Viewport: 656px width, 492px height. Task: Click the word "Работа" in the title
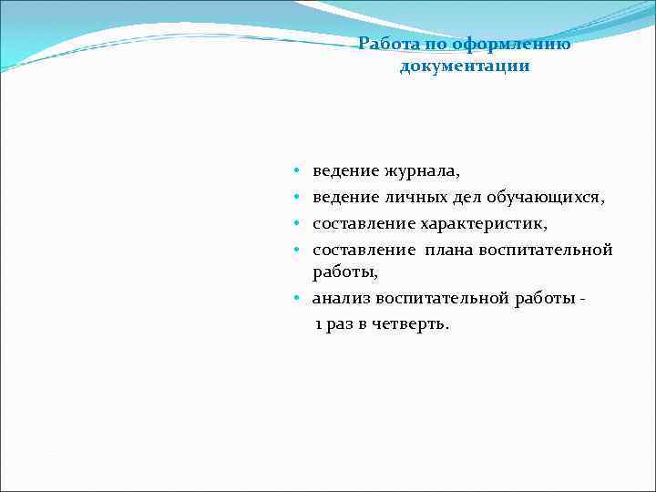click(x=384, y=44)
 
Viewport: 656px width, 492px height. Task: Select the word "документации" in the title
click(x=465, y=67)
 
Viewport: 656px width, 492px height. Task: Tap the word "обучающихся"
click(x=532, y=197)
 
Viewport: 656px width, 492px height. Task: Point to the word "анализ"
click(x=341, y=299)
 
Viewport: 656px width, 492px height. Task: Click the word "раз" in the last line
click(x=341, y=325)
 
